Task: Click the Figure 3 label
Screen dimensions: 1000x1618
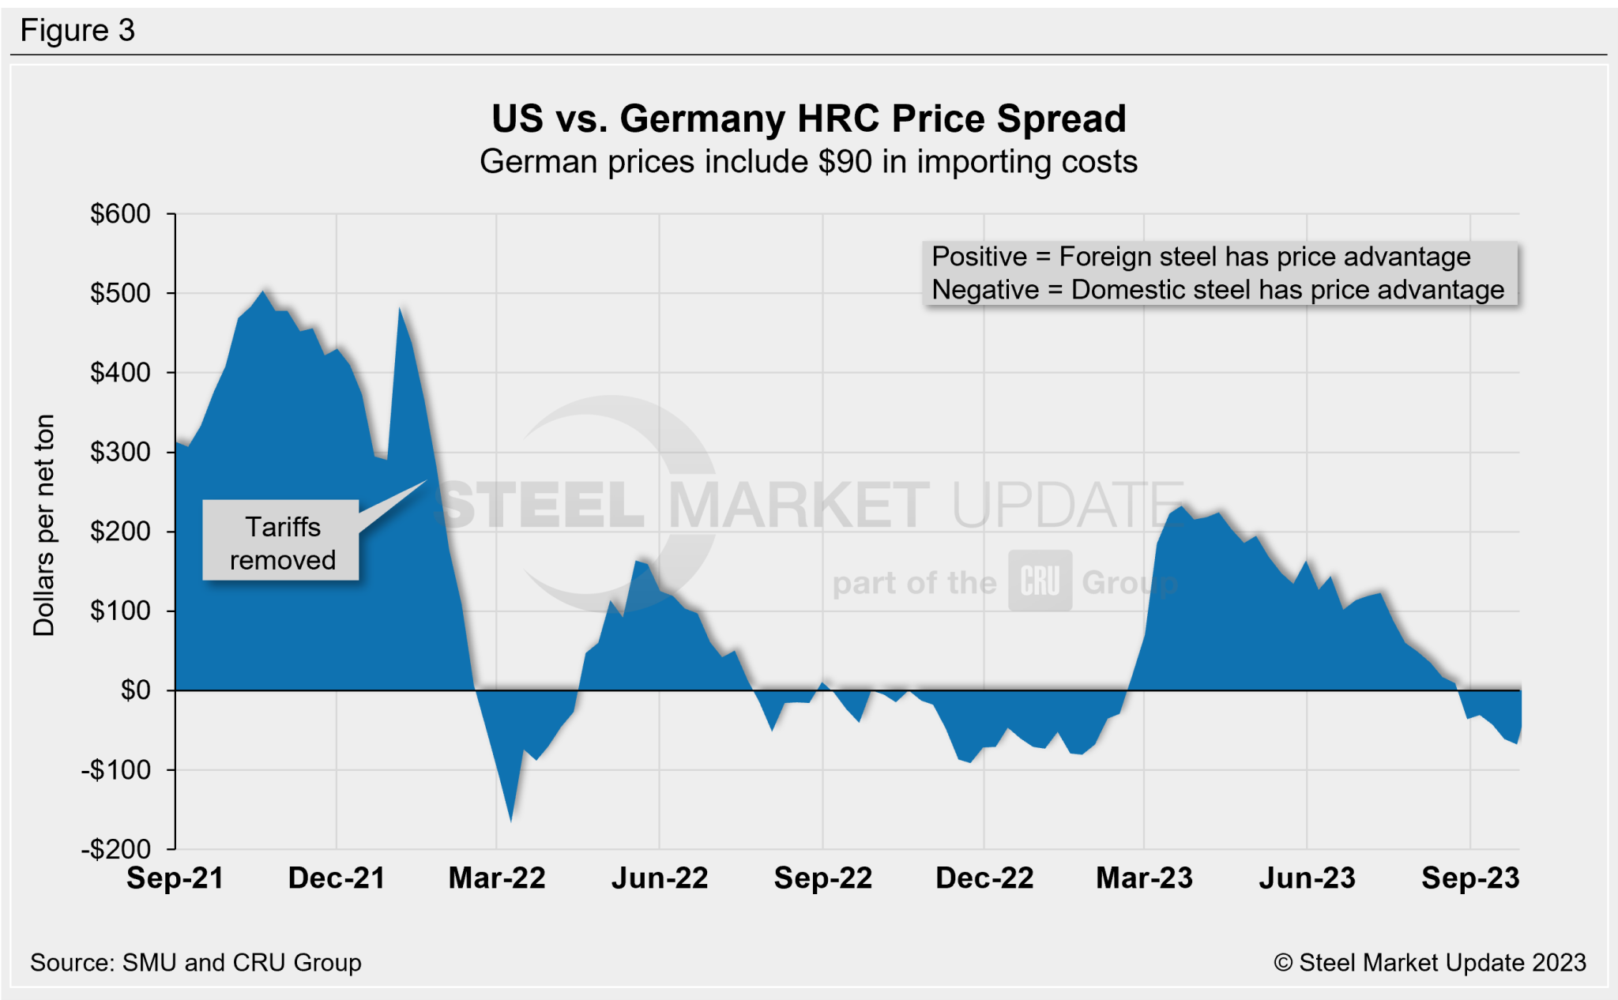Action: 77,31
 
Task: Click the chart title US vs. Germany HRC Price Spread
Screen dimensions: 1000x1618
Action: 808,119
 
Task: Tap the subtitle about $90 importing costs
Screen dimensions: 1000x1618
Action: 808,162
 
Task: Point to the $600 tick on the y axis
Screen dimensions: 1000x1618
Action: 120,214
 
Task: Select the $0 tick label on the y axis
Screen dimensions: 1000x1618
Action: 135,690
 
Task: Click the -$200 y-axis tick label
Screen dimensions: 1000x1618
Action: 116,849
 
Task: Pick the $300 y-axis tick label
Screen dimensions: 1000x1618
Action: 120,452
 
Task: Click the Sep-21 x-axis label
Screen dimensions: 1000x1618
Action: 175,878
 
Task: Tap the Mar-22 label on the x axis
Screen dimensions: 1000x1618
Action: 497,878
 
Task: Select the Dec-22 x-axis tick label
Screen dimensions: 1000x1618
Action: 984,878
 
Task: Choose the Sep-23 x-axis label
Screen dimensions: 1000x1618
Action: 1470,878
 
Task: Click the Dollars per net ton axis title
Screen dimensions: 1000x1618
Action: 44,525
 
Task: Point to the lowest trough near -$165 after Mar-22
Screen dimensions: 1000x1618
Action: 511,820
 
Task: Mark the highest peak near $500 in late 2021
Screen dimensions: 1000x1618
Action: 264,292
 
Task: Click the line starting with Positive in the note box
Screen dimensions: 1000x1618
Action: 1201,257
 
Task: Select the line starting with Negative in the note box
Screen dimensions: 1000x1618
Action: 1217,290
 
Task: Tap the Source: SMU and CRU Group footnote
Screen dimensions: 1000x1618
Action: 195,963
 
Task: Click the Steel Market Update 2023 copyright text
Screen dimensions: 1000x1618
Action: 1429,963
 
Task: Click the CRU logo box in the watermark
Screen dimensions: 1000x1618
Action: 1040,582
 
